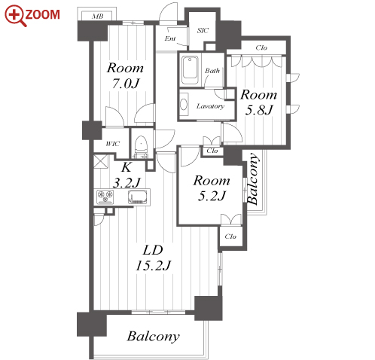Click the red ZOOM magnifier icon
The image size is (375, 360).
pyautogui.click(x=15, y=16)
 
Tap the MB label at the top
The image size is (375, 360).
pyautogui.click(x=98, y=17)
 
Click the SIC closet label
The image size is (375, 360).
pyautogui.click(x=203, y=30)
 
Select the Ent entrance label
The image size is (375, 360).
pyautogui.click(x=170, y=38)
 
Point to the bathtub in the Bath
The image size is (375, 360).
pyautogui.click(x=190, y=71)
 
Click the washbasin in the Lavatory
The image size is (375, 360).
pyautogui.click(x=184, y=105)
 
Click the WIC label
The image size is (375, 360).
pyautogui.click(x=113, y=144)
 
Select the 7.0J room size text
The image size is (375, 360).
pyautogui.click(x=126, y=84)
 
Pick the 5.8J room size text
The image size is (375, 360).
pyautogui.click(x=259, y=110)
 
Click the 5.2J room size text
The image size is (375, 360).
pyautogui.click(x=212, y=196)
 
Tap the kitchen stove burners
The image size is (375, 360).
pyautogui.click(x=105, y=197)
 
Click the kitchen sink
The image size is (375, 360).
pyautogui.click(x=138, y=197)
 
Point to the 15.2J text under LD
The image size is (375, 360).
pyautogui.click(x=154, y=265)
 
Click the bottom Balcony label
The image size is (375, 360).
pyautogui.click(x=154, y=337)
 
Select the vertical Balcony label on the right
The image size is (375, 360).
pyautogui.click(x=253, y=179)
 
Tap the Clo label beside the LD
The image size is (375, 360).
pyautogui.click(x=230, y=236)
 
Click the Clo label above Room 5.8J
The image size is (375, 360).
pyautogui.click(x=261, y=47)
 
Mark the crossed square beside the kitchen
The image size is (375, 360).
pyautogui.click(x=101, y=161)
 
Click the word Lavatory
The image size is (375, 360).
pyautogui.click(x=210, y=106)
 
